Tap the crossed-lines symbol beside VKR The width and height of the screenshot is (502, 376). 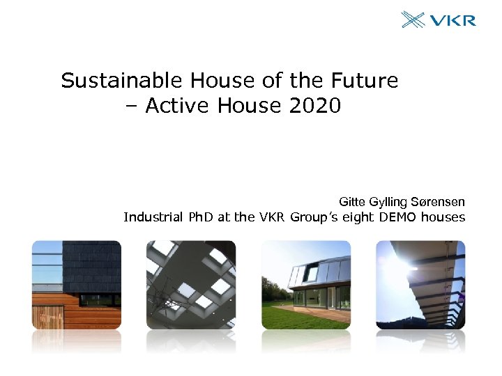coord(413,19)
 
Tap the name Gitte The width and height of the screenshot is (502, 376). coord(353,202)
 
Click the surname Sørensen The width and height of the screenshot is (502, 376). coord(439,202)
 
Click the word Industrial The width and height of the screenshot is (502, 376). coord(153,217)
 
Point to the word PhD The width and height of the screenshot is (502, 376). coord(202,217)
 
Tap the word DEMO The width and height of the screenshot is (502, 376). coord(397,217)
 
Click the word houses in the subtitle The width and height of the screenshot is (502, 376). coord(443,217)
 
